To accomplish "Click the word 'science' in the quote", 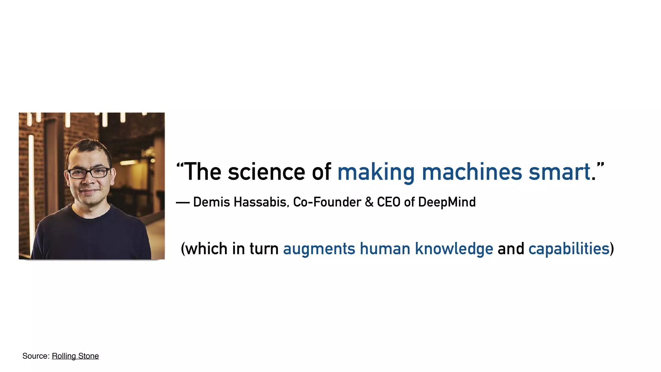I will click(266, 172).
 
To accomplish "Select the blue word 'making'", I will click(376, 172).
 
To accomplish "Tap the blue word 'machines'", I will click(472, 172).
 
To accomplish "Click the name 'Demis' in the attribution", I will click(211, 202).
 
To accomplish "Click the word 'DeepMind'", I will click(447, 202).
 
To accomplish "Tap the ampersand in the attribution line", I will click(369, 202).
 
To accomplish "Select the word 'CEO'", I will click(389, 202).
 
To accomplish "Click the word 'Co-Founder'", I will click(327, 202).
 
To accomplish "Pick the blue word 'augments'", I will click(319, 249).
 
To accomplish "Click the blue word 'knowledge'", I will click(454, 249).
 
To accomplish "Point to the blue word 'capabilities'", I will click(569, 249).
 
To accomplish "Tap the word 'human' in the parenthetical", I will click(385, 249).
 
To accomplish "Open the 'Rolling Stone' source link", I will click(75, 356).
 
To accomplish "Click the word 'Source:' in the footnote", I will click(36, 356).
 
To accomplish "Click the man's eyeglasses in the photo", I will click(89, 173).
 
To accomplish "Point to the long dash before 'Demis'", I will click(183, 203).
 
